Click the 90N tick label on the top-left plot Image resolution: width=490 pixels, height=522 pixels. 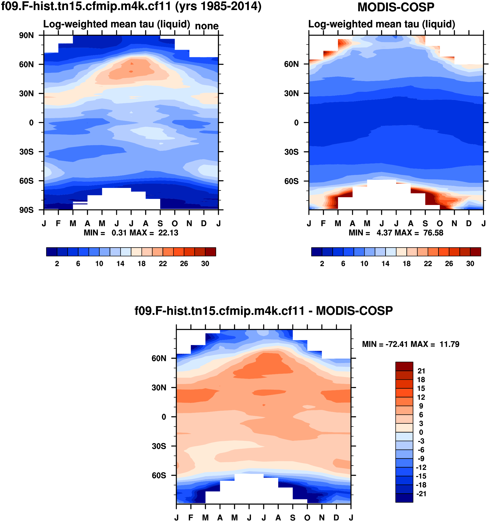(26, 35)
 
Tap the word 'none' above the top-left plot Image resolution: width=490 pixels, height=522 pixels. (207, 26)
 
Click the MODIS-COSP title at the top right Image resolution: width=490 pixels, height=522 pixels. (396, 7)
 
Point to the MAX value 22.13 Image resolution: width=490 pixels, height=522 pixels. (168, 233)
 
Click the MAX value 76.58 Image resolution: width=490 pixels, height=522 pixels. (433, 233)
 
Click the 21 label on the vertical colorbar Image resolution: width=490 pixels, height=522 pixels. (421, 371)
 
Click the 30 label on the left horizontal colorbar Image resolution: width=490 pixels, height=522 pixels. (205, 264)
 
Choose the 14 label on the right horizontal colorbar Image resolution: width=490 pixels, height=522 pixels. (385, 264)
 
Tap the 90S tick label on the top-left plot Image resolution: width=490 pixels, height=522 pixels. (26, 210)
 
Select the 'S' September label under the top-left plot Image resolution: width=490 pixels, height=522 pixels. (160, 224)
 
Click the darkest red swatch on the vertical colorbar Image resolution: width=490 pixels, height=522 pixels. (404, 366)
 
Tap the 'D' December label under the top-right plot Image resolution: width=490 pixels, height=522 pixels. (469, 224)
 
